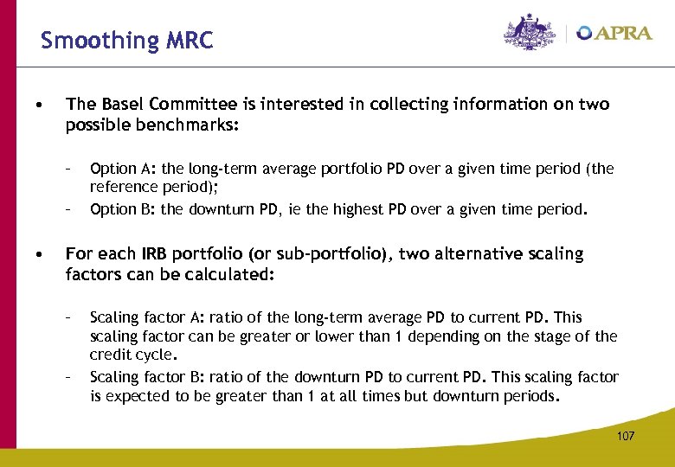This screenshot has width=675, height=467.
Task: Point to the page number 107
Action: (x=625, y=436)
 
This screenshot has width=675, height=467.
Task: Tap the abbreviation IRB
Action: (x=147, y=254)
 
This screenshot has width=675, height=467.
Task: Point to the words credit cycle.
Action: (x=133, y=355)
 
